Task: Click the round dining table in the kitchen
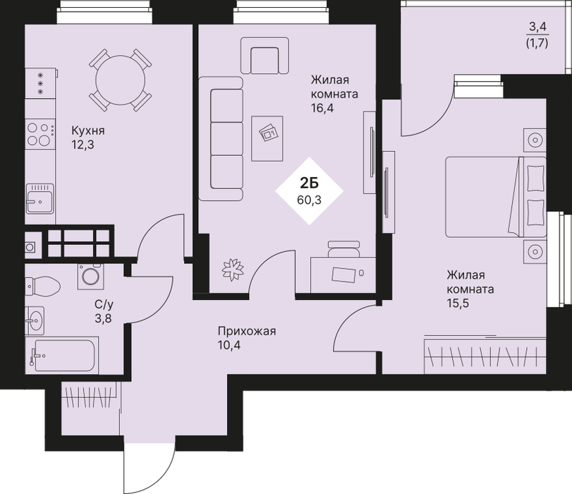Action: pos(121,80)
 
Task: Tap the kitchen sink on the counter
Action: pos(39,198)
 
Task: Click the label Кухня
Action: pos(88,131)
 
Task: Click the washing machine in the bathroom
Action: pos(90,277)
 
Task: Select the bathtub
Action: pos(61,356)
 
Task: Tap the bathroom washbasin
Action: pos(35,321)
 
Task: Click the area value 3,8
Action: pos(103,319)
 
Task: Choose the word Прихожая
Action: pos(247,331)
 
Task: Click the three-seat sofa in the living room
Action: pos(221,139)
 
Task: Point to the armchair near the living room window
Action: pos(265,56)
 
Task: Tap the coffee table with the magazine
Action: pos(267,138)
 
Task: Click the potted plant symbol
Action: pos(233,270)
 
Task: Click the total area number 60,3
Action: pos(310,200)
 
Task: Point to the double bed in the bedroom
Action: pos(496,197)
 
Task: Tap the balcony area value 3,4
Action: pos(537,27)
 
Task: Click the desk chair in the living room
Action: pos(343,249)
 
